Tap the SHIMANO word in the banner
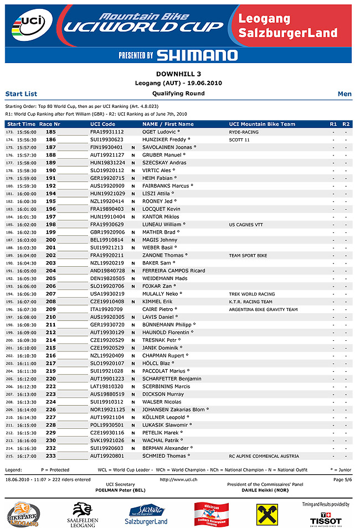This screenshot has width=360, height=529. tap(197, 55)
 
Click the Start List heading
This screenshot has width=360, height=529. tap(21, 94)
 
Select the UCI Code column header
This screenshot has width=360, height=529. tap(103, 124)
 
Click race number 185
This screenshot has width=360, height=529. tap(50, 132)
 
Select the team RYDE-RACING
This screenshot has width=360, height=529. tap(244, 132)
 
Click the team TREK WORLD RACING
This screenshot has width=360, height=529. tap(252, 294)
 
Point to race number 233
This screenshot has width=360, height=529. tap(50, 456)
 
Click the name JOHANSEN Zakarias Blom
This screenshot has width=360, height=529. tap(173, 409)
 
